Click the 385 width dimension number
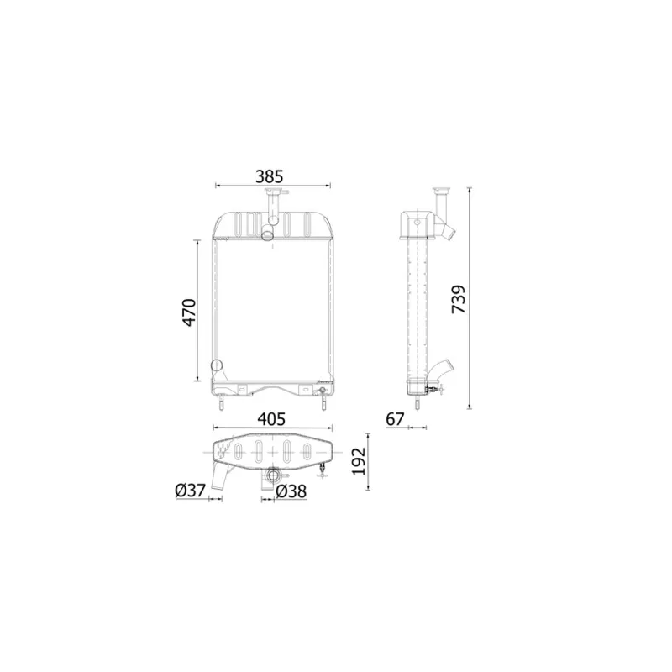pos(270,176)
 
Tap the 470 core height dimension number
pos(190,312)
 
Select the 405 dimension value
pos(271,418)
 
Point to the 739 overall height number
pos(458,299)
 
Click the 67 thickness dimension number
pos(395,418)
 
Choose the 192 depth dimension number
pos(359,461)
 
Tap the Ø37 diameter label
pos(191,490)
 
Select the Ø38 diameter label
pos(291,491)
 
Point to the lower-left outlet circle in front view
pos(217,365)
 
